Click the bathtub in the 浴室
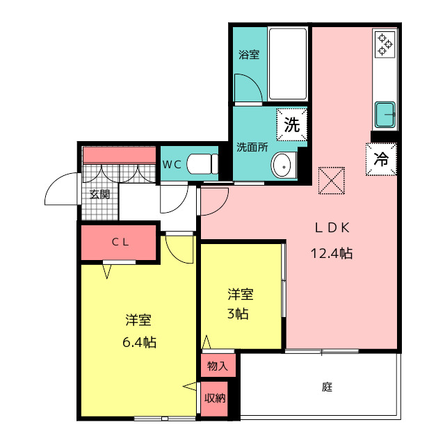pyautogui.click(x=287, y=63)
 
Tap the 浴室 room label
pyautogui.click(x=249, y=54)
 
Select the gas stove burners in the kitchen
pyautogui.click(x=385, y=44)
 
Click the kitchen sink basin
pyautogui.click(x=385, y=115)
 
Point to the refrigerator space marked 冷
pyautogui.click(x=381, y=159)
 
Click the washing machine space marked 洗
pyautogui.click(x=292, y=124)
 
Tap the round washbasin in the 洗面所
pyautogui.click(x=284, y=166)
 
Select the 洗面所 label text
pyautogui.click(x=252, y=147)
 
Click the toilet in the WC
pyautogui.click(x=202, y=164)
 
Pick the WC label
pyautogui.click(x=172, y=164)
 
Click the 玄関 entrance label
pyautogui.click(x=99, y=195)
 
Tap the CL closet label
pyautogui.click(x=120, y=242)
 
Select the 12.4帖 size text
pyautogui.click(x=332, y=253)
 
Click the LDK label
pyautogui.click(x=332, y=227)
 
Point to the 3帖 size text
pyautogui.click(x=238, y=314)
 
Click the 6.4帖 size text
pyautogui.click(x=139, y=342)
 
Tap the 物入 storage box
pyautogui.click(x=218, y=366)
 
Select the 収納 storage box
pyautogui.click(x=215, y=398)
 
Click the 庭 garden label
pyautogui.click(x=327, y=387)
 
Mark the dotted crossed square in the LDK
pyautogui.click(x=332, y=181)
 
